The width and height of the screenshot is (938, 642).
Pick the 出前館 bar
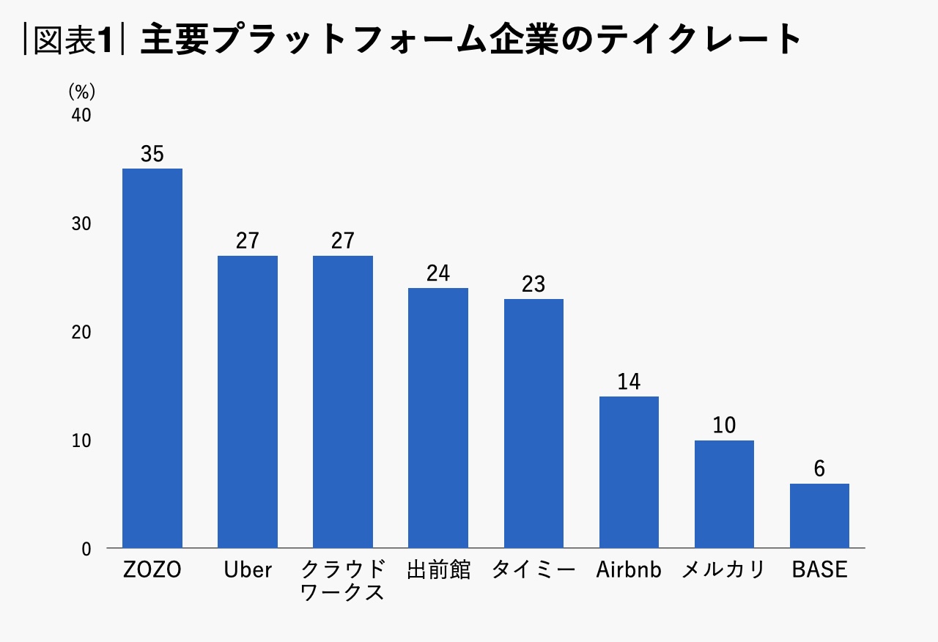click(x=438, y=418)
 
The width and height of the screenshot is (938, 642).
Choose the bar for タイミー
click(x=533, y=423)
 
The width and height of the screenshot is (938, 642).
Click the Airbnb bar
click(x=629, y=472)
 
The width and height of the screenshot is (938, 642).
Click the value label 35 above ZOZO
click(x=152, y=155)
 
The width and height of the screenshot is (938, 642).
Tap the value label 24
click(x=438, y=274)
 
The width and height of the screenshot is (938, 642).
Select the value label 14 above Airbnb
click(x=629, y=383)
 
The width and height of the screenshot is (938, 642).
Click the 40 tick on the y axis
click(x=81, y=116)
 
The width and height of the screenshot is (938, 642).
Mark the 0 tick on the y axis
click(x=86, y=549)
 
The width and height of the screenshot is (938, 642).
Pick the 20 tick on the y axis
click(x=81, y=333)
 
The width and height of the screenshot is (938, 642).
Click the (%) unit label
click(x=82, y=92)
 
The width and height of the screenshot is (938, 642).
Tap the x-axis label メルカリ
click(x=723, y=570)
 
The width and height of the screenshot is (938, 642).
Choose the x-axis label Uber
click(x=248, y=570)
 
